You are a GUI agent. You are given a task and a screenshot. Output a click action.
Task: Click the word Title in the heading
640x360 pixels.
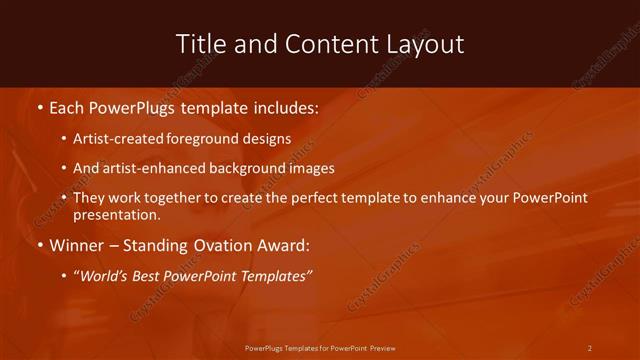pyautogui.click(x=200, y=44)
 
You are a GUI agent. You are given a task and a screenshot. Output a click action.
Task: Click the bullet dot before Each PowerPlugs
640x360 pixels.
pyautogui.click(x=39, y=106)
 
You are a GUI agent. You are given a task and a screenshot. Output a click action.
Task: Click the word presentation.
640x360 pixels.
pyautogui.click(x=116, y=214)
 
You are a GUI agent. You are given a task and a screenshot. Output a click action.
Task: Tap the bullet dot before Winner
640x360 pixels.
pyautogui.click(x=39, y=245)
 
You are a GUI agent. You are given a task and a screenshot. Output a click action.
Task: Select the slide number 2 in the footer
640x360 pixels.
pyautogui.click(x=589, y=348)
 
